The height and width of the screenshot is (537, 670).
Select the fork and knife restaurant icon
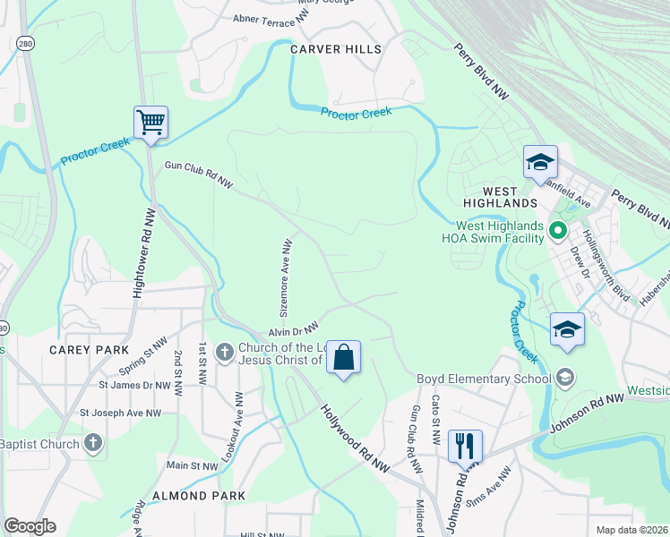click(x=464, y=445)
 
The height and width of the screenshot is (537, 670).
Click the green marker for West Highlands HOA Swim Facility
click(x=558, y=232)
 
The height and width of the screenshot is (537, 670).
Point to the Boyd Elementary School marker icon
click(x=564, y=378)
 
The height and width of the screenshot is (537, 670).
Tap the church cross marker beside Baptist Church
click(x=92, y=442)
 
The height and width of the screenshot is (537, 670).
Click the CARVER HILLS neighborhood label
click(x=335, y=49)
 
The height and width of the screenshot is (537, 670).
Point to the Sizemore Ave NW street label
click(x=286, y=278)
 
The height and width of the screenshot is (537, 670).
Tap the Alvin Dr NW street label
click(x=294, y=329)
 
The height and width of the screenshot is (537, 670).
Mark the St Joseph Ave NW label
click(x=120, y=413)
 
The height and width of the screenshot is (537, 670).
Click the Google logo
click(x=30, y=525)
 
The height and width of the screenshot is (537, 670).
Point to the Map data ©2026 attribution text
click(x=631, y=530)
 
